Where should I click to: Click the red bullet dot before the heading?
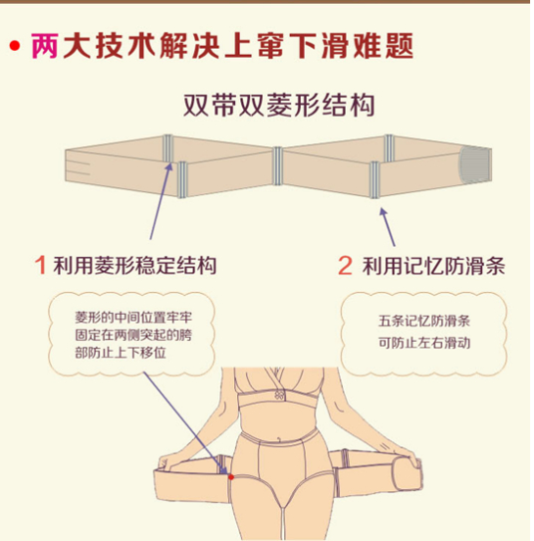click(15, 46)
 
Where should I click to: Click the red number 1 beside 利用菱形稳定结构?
click(41, 266)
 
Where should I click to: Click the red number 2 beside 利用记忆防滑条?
click(345, 266)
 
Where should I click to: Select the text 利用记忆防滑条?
click(433, 266)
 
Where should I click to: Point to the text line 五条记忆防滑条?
click(423, 321)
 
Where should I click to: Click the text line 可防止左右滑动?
click(423, 342)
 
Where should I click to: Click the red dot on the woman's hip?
click(231, 477)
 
